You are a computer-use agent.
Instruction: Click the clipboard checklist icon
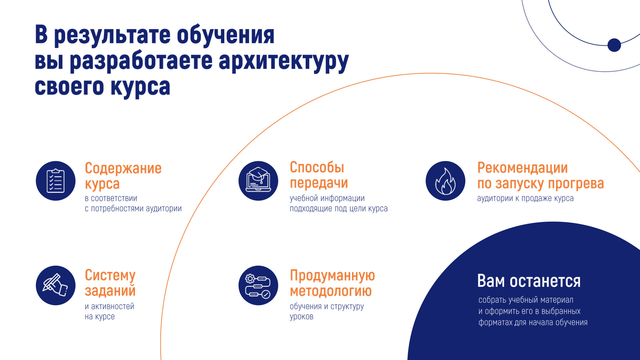tap(56, 181)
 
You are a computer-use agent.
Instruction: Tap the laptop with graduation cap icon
tap(258, 181)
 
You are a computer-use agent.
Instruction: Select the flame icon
tap(445, 181)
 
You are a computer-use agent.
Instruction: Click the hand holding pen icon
tap(56, 285)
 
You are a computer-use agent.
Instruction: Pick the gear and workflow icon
tap(258, 285)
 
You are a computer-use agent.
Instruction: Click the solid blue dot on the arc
tap(614, 45)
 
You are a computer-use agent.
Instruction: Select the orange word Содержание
tap(123, 168)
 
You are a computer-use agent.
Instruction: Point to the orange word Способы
tap(317, 167)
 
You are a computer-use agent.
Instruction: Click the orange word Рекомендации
tap(522, 168)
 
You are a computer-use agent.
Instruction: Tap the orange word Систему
tap(110, 276)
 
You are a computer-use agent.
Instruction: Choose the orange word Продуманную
tap(332, 276)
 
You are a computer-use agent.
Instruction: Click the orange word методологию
tap(331, 291)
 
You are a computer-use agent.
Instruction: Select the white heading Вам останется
tap(529, 281)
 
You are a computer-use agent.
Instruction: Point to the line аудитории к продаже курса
tap(525, 198)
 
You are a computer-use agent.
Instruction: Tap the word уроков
tap(302, 317)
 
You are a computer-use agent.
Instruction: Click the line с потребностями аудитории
tap(133, 209)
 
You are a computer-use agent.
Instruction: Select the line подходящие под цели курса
tap(339, 209)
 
